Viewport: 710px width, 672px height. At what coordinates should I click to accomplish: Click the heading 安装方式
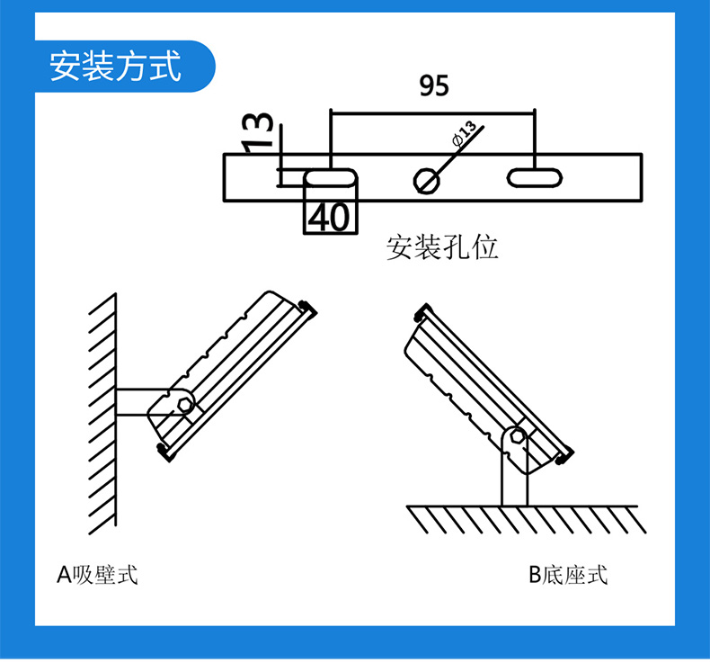[x=115, y=67]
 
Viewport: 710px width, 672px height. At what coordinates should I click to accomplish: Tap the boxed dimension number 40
[x=332, y=216]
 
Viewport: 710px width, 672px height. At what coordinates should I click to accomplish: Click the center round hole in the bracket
[x=426, y=180]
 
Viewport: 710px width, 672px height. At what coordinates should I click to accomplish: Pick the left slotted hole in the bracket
[x=332, y=178]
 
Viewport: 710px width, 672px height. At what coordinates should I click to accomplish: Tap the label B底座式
[x=567, y=574]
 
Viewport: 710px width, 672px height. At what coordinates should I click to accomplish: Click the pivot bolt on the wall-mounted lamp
[x=185, y=404]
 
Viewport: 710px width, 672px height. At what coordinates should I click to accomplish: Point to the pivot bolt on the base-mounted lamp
[x=517, y=437]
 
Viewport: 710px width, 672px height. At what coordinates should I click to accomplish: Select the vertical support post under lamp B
[x=514, y=481]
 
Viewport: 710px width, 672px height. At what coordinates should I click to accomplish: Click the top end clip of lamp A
[x=308, y=306]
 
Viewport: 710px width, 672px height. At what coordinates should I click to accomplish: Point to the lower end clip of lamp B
[x=564, y=456]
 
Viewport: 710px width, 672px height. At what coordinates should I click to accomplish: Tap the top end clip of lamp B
[x=421, y=311]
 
